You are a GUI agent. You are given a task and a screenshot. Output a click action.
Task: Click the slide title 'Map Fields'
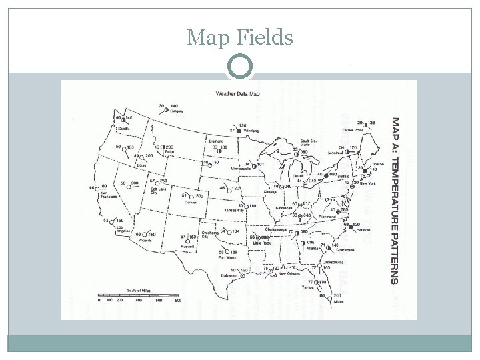240,38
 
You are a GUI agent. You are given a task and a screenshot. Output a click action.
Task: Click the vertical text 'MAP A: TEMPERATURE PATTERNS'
395,201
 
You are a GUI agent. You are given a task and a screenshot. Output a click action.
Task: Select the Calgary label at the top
177,112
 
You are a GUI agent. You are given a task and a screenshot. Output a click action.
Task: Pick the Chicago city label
270,191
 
